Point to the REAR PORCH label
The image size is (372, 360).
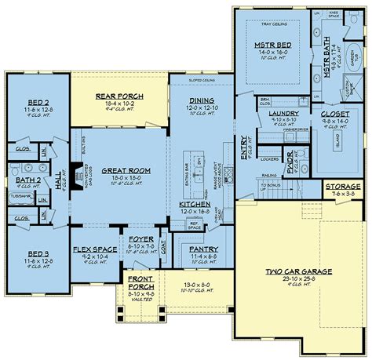(x=117, y=96)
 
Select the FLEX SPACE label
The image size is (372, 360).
(x=92, y=248)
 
